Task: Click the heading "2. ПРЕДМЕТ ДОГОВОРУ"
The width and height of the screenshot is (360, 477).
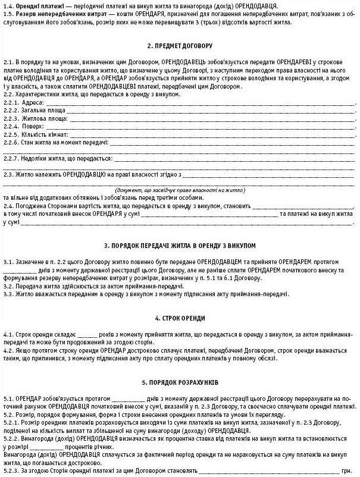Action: coord(180,46)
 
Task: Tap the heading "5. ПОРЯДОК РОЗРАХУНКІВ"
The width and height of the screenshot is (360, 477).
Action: coord(180,381)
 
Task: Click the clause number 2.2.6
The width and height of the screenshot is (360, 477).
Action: coord(12,143)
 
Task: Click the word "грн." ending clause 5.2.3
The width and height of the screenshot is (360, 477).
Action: coord(349,470)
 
